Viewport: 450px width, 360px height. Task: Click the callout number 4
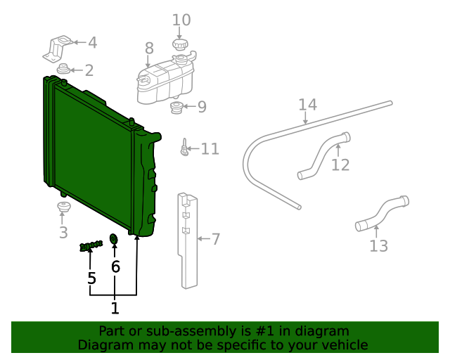92,43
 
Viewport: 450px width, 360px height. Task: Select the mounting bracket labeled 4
59,46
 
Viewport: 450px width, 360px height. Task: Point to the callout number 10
181,20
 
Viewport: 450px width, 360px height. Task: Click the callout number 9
202,107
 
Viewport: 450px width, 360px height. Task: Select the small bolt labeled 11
184,148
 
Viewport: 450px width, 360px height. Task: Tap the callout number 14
307,105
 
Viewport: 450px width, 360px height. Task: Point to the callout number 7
216,240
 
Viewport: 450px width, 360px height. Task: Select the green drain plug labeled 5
91,245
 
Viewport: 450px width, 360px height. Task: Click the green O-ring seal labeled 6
114,240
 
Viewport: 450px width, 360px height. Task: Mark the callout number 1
115,308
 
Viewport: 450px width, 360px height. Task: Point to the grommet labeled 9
178,108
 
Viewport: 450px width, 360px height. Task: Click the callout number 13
378,246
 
